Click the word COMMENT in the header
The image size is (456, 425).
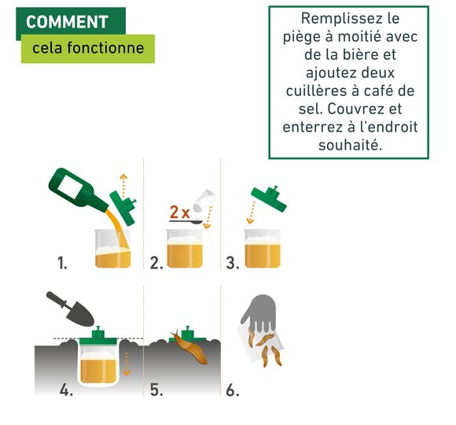(x=67, y=22)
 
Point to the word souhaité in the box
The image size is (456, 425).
(x=350, y=145)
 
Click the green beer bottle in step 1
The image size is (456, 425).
(x=78, y=190)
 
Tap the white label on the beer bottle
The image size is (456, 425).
(x=69, y=187)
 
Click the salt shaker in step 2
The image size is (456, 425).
(x=204, y=200)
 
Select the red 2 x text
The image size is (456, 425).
(x=179, y=212)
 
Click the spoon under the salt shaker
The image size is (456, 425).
(x=186, y=222)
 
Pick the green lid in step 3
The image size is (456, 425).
(x=269, y=198)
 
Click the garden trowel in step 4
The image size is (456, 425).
(x=70, y=309)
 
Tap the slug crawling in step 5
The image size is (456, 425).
(x=189, y=347)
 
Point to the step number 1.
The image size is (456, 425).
(x=62, y=263)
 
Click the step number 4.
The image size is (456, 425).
(x=66, y=390)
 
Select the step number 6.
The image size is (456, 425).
(x=233, y=390)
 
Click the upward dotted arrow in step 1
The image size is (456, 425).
(x=123, y=186)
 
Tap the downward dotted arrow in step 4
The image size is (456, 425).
(x=127, y=364)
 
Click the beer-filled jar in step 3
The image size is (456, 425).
(x=263, y=248)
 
